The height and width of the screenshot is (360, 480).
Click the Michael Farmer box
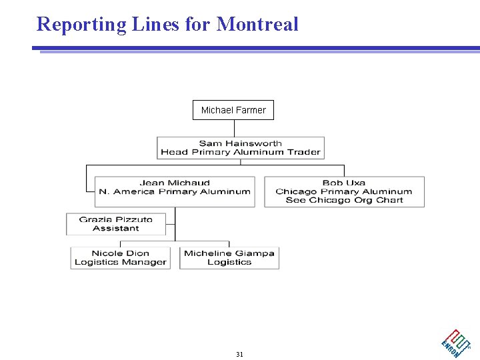point(233,110)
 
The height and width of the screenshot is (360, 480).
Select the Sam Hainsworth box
point(241,147)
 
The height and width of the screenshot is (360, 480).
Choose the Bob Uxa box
point(344,191)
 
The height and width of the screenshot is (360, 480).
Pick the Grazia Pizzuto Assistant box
point(116,224)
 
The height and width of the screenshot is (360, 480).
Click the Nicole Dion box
point(120,258)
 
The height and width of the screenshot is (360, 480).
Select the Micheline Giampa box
point(229,258)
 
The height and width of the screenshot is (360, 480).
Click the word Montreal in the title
point(257,25)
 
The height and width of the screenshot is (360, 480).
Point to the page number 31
point(239,354)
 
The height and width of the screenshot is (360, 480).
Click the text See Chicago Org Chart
point(344,200)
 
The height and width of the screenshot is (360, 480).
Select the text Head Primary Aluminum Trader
point(241,152)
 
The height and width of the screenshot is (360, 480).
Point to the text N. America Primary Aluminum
point(175,191)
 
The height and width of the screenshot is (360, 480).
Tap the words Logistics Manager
point(120,262)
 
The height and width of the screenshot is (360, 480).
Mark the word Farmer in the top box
point(251,110)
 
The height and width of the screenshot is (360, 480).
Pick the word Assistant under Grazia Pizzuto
point(116,228)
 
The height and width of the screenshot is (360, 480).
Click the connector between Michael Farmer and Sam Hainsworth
point(233,128)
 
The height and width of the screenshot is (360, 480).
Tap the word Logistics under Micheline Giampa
point(229,262)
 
